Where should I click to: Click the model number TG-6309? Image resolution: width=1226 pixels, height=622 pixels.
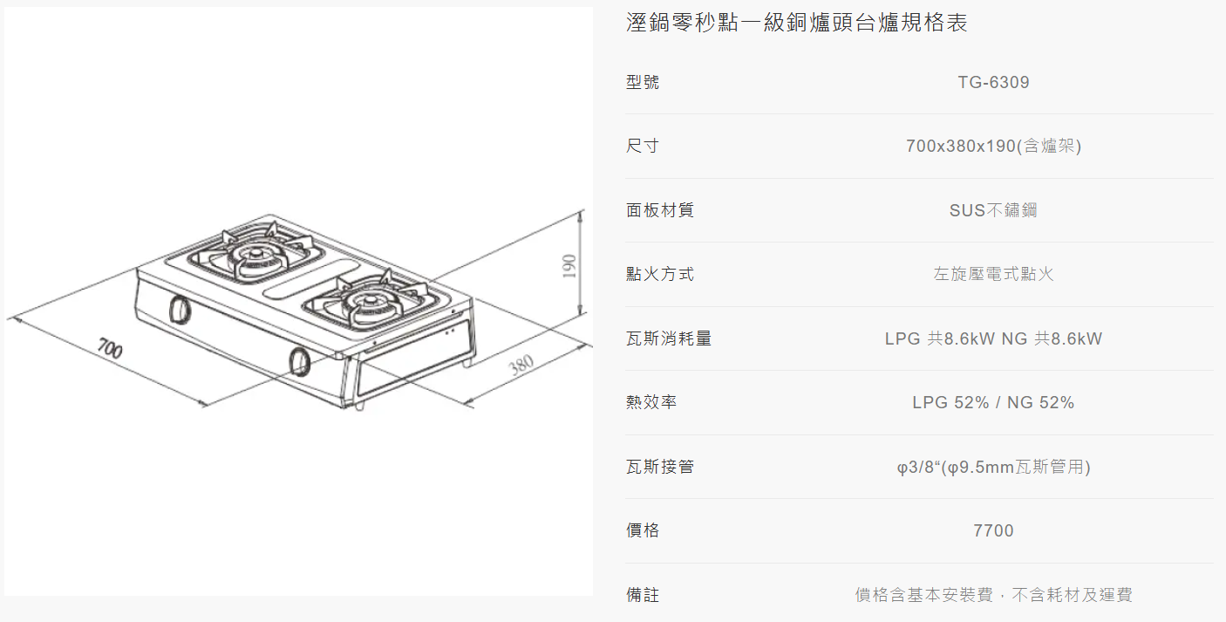pos(993,82)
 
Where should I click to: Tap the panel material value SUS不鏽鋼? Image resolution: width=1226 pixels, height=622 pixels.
pos(993,210)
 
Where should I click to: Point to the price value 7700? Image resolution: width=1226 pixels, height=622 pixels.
pos(993,530)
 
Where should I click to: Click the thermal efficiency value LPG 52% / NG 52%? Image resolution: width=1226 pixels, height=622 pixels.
pos(993,402)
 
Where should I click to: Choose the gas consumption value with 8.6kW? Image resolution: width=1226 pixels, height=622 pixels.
pos(993,338)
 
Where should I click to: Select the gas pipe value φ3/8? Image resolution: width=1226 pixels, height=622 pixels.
pos(993,467)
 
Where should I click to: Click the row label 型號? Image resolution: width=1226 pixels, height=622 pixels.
pos(643,82)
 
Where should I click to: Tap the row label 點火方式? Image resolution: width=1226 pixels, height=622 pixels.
pos(660,274)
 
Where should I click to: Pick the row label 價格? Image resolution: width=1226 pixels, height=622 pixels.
pos(643,530)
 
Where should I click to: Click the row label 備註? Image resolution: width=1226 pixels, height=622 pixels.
pos(643,595)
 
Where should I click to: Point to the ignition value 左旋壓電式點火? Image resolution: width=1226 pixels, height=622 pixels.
pos(993,274)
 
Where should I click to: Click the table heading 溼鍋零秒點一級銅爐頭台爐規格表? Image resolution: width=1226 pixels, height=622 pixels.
pos(797,23)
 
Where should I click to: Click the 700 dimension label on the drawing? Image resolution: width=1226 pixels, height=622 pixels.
pos(110,349)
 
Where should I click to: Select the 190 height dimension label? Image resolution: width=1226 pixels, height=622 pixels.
pos(569,266)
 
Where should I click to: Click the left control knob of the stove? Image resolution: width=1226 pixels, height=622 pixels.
pos(179,310)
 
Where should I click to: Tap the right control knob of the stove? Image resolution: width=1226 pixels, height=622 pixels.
pos(299,361)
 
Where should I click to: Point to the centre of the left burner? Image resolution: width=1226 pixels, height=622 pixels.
pos(255,254)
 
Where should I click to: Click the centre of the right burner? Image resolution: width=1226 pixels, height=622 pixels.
pos(371,301)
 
